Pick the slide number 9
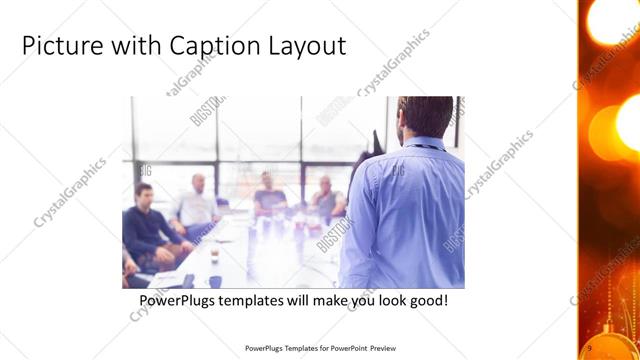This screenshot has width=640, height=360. (589, 348)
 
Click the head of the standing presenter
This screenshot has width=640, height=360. (426, 117)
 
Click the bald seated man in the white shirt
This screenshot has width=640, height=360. (196, 205)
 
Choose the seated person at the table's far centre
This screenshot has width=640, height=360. (268, 196)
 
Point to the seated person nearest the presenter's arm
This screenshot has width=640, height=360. (326, 200)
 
